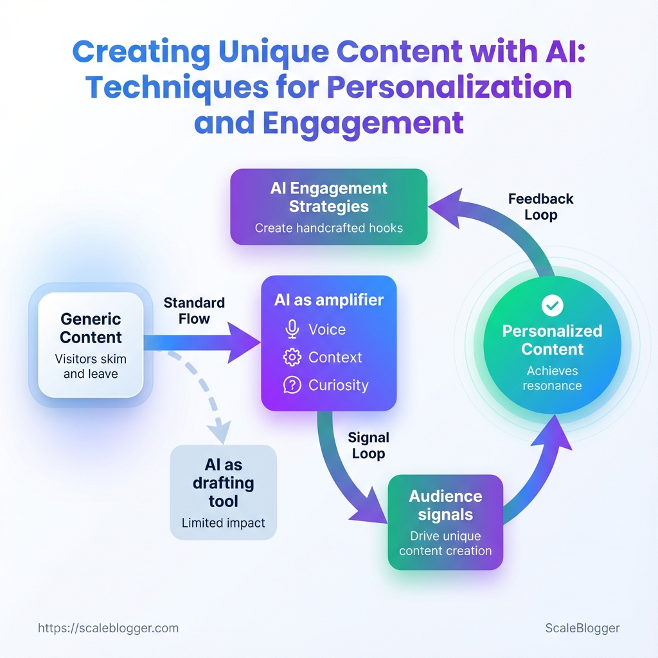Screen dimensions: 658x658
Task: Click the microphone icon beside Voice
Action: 292,330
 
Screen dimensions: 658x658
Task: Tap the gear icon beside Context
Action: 292,357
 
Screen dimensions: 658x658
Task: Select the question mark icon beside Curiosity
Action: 292,385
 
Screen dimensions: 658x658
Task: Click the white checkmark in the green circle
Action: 552,306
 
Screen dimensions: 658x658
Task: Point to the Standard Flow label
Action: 194,310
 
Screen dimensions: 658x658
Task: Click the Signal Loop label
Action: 368,445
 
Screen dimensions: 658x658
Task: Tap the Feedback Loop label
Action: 540,206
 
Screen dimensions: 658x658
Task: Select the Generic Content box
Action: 91,344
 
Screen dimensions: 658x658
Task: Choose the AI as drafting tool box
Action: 223,492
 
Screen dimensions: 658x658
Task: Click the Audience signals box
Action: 445,522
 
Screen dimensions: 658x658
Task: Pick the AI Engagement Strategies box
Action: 328,207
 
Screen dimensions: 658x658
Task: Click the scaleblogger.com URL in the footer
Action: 108,628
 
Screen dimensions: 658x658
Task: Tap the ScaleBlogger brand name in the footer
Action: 582,628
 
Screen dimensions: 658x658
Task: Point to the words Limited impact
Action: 223,523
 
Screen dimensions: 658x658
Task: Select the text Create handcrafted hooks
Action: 328,227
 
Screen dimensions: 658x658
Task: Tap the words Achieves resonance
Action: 552,378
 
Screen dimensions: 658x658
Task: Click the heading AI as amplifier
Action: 328,300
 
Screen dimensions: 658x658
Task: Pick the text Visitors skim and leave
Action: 91,366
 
